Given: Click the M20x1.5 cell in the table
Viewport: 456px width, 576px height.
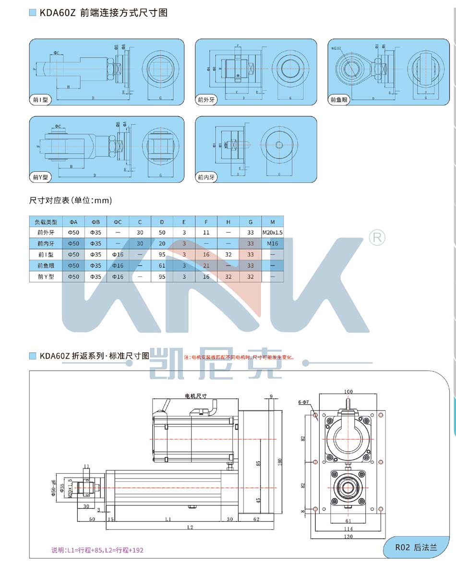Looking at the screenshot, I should pyautogui.click(x=273, y=233).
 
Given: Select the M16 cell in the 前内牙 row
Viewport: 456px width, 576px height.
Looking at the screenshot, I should pyautogui.click(x=273, y=244).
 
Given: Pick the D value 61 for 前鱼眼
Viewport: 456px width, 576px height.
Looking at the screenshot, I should pyautogui.click(x=162, y=266).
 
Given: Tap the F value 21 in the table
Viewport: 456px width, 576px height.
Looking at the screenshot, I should pyautogui.click(x=206, y=266).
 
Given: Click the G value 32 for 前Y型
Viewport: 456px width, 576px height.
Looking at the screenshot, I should pyautogui.click(x=251, y=277).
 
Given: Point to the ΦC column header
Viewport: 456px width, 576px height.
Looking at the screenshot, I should pyautogui.click(x=118, y=222).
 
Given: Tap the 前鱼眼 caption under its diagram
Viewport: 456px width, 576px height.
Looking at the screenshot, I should pyautogui.click(x=338, y=100).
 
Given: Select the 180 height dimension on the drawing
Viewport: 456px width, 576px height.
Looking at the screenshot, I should pyautogui.click(x=280, y=461).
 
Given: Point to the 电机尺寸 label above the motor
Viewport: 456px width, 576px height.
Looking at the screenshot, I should pyautogui.click(x=196, y=396).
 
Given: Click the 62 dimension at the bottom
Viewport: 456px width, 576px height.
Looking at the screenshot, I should pyautogui.click(x=256, y=519).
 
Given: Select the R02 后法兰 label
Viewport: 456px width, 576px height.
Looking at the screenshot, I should pyautogui.click(x=416, y=548).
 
